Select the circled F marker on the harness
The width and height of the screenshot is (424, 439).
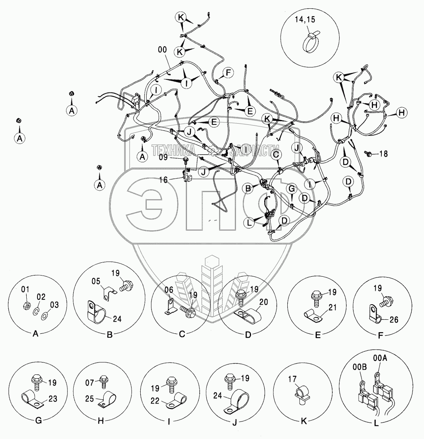(x=228, y=73)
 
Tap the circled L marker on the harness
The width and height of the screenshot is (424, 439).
(x=250, y=223)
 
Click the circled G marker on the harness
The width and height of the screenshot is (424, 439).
(x=292, y=188)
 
